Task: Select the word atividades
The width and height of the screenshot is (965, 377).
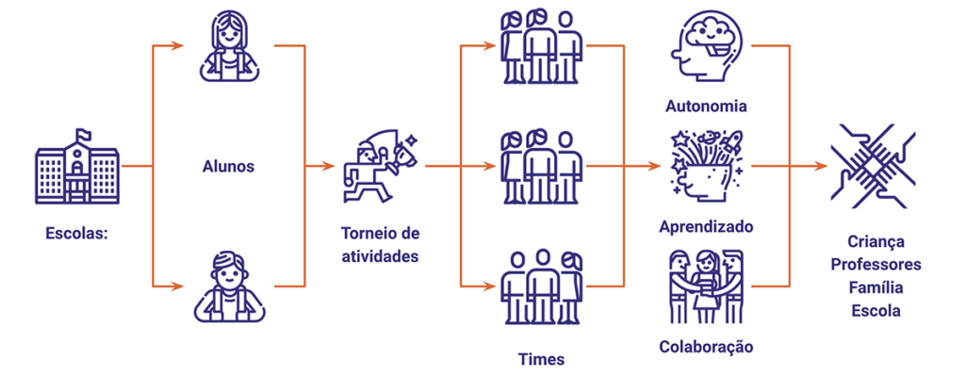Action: pos(381,254)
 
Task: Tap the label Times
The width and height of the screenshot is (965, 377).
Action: pos(542,359)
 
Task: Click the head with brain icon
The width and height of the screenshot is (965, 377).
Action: pos(706,48)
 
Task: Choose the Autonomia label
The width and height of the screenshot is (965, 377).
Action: pos(707,106)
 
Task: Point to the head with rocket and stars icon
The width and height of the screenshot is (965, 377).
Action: pos(707,165)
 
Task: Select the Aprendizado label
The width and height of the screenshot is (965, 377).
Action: pos(707,227)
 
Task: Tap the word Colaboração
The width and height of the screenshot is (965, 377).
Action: pos(707,347)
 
